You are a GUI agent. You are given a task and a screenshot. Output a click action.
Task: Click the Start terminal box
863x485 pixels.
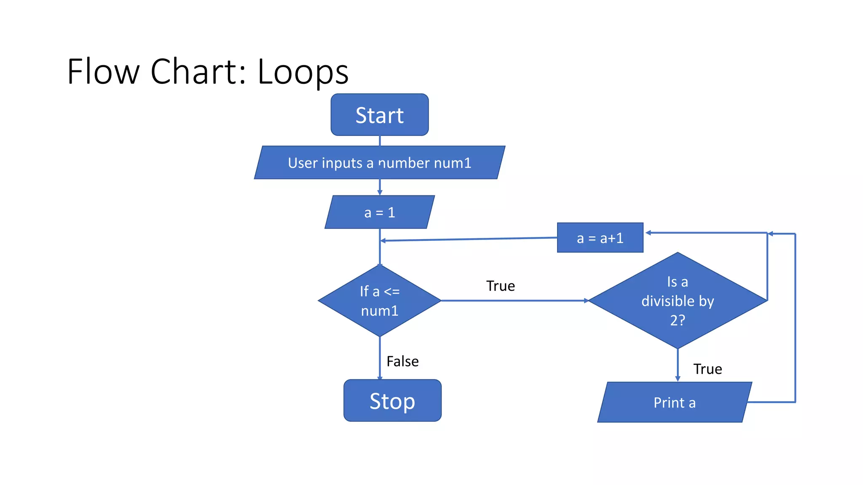[x=380, y=115]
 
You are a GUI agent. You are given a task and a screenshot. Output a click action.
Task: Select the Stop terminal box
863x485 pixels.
[x=392, y=400]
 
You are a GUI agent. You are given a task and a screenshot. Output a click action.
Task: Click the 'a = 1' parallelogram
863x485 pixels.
[x=379, y=212]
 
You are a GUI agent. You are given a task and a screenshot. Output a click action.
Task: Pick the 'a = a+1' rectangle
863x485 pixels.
[x=600, y=238]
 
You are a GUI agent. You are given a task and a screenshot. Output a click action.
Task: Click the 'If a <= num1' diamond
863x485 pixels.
[x=379, y=301]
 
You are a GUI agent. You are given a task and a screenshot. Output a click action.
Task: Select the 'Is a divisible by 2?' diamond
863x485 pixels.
[x=677, y=301]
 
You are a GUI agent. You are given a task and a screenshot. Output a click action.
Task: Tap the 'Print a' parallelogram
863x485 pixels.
[x=674, y=402]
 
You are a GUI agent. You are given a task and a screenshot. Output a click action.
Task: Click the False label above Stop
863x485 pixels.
[x=402, y=361]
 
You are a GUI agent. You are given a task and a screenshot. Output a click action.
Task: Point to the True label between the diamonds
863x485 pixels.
[x=500, y=286]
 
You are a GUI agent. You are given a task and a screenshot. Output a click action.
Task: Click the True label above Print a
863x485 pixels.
[x=708, y=369]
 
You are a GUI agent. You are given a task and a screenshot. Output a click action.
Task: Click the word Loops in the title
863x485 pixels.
[x=303, y=72]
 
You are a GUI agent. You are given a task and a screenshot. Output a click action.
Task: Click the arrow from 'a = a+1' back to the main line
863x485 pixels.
[x=468, y=239]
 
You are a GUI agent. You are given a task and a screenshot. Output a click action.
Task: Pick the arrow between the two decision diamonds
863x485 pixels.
[x=514, y=301]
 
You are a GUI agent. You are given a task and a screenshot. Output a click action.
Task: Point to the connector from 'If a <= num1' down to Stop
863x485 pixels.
[x=380, y=358]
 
